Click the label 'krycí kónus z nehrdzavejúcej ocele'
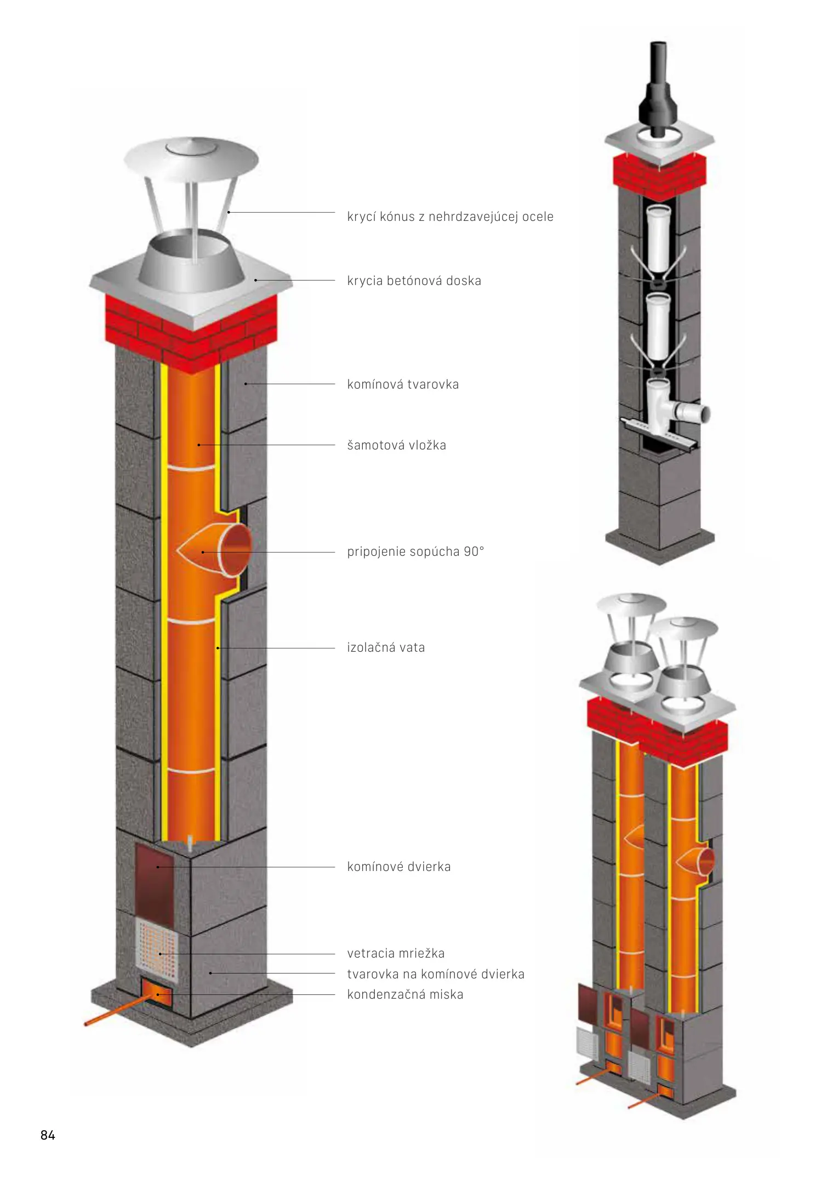(450, 217)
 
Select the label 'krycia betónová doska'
(414, 281)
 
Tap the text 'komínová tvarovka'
(403, 384)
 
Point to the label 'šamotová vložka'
(396, 445)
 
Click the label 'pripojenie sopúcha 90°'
(415, 551)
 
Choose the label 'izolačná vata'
(386, 647)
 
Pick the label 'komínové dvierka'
(398, 867)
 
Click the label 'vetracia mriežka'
(396, 953)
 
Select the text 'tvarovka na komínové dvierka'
(436, 974)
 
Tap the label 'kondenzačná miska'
(405, 994)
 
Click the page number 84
(48, 1135)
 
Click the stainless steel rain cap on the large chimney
(191, 159)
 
